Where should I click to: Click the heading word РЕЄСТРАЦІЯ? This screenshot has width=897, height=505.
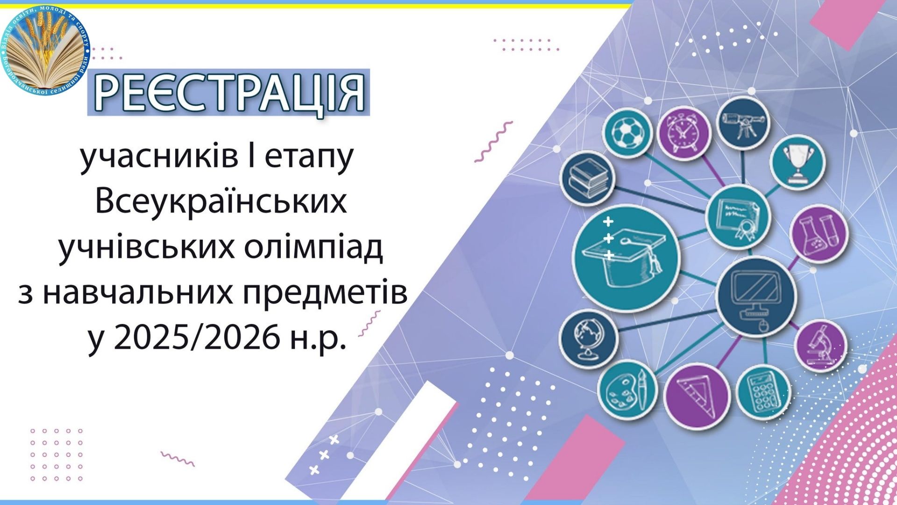[x=229, y=93]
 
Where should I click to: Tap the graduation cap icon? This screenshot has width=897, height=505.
[x=626, y=259]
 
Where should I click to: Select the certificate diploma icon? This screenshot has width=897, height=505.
[x=738, y=216]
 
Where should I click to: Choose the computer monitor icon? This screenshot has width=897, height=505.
[x=755, y=296]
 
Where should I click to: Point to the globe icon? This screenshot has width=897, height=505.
[x=589, y=339]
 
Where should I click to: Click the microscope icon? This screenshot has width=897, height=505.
[x=821, y=346]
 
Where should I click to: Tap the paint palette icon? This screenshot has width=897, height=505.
[x=627, y=390]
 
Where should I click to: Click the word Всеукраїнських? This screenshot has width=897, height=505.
[x=221, y=202]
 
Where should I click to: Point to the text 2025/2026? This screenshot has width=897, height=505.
[x=197, y=337]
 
